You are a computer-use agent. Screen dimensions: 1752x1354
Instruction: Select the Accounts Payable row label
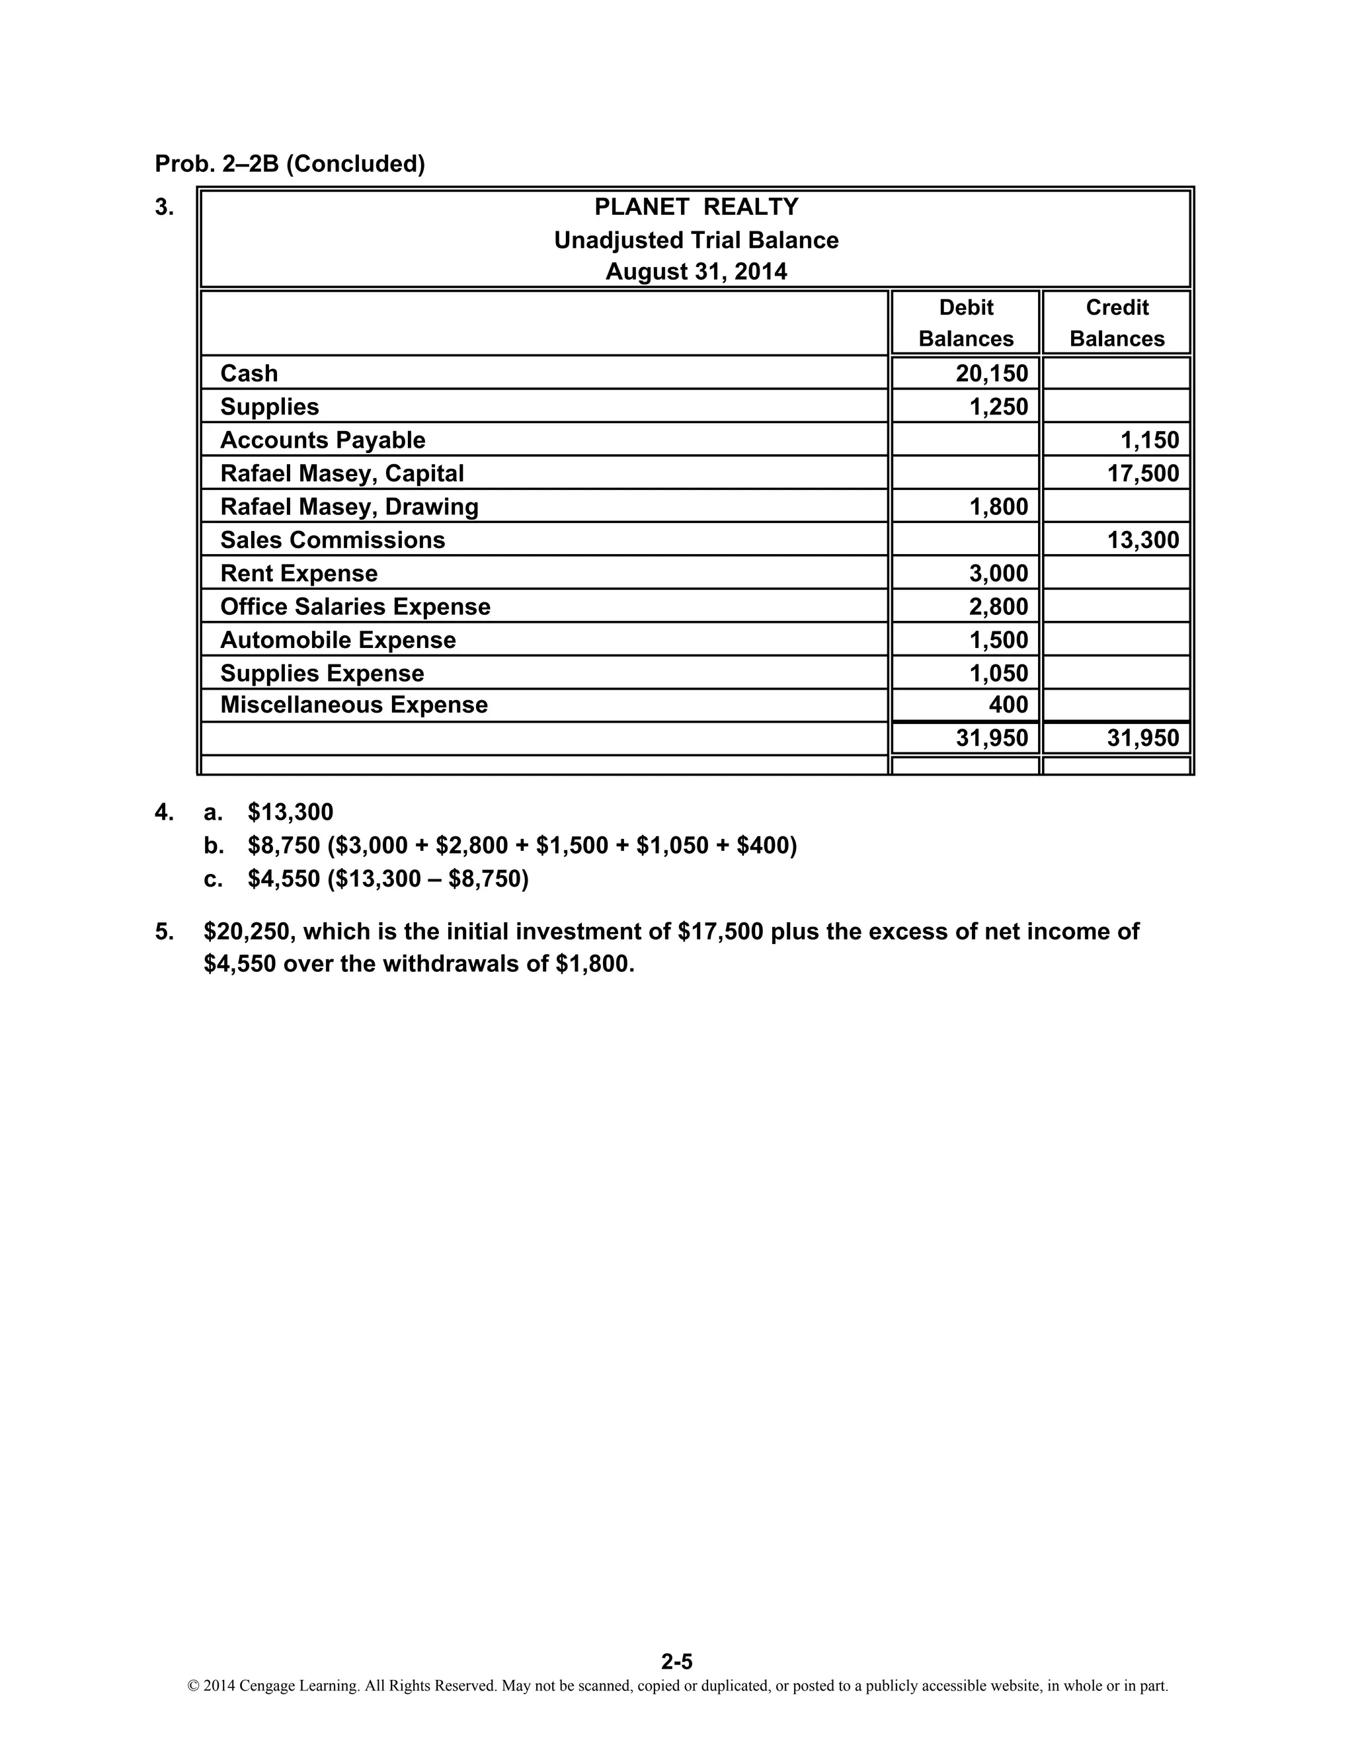(x=323, y=440)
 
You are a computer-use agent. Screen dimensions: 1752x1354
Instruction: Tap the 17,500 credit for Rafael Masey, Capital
(x=1142, y=473)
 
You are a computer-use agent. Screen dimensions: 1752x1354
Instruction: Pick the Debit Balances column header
(x=966, y=323)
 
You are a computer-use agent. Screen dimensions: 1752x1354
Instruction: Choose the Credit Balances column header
(x=1117, y=323)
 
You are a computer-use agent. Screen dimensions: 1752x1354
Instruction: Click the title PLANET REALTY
(x=696, y=207)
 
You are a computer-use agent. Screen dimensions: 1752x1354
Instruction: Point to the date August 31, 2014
(x=696, y=272)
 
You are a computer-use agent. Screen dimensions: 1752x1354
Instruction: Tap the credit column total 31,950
(x=1142, y=738)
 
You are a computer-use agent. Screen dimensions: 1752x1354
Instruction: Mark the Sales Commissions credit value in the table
(x=1142, y=540)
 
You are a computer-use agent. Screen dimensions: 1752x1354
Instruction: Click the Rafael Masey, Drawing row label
(x=349, y=507)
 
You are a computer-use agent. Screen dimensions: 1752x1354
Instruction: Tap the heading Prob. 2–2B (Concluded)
(x=290, y=164)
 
